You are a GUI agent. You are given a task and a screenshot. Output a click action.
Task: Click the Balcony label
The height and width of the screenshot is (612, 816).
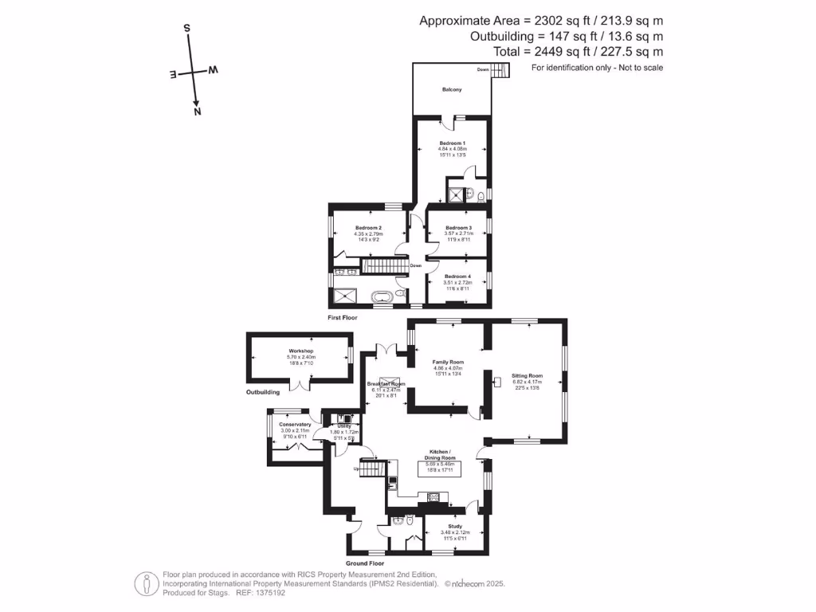tap(452, 89)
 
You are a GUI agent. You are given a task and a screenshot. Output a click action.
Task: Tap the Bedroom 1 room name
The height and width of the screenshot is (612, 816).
tap(452, 143)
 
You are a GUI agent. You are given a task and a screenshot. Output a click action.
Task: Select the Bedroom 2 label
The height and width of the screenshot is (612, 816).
tap(368, 228)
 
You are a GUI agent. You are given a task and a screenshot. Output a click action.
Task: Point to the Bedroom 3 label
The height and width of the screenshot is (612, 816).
tap(459, 228)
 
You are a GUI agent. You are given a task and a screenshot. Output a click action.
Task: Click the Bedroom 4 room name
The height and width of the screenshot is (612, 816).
tap(458, 277)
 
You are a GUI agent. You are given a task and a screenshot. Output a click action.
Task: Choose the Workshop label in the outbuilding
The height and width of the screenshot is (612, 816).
tap(300, 351)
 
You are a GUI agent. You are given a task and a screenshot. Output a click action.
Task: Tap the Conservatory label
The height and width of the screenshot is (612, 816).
tap(295, 425)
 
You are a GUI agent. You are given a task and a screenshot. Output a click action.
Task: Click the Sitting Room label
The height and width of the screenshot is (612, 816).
tap(528, 375)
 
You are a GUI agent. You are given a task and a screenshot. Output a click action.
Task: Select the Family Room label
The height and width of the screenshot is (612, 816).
tap(448, 362)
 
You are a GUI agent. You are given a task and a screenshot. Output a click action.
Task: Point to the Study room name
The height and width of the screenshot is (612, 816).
tap(455, 526)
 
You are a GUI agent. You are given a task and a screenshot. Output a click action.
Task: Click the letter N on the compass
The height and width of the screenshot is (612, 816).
tap(197, 112)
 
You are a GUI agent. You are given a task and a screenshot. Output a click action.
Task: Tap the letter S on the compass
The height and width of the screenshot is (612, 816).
tap(187, 28)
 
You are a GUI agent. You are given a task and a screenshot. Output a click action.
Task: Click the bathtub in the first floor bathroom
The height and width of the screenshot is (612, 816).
tap(382, 297)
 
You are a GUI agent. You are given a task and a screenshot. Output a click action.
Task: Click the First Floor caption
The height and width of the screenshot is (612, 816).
tap(343, 317)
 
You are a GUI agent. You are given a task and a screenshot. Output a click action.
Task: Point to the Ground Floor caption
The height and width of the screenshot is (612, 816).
tap(365, 563)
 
